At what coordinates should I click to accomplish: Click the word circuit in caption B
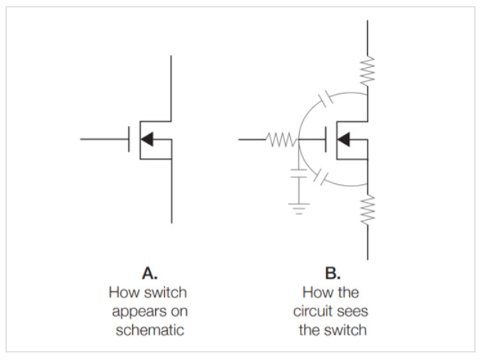coord(313,311)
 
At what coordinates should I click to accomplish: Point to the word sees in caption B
coord(353,311)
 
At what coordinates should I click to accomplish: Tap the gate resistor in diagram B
coord(281,139)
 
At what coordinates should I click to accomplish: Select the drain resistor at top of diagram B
coord(368,71)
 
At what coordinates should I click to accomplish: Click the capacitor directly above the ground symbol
coord(298,179)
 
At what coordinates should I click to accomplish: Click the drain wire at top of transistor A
coord(172,82)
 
